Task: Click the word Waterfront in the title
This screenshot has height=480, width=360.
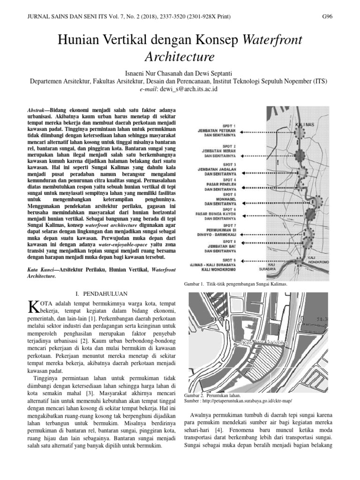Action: [272, 42]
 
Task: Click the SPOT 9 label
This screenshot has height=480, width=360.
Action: [228, 260]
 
